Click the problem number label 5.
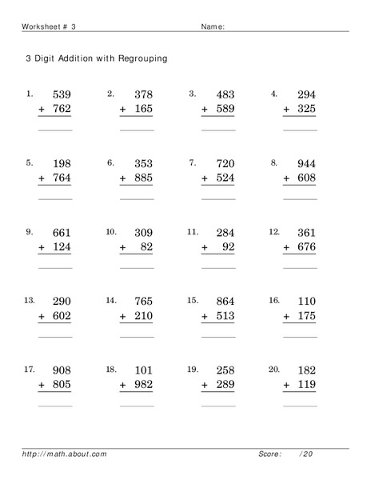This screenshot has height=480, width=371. point(29,162)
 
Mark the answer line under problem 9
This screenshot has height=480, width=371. point(55,268)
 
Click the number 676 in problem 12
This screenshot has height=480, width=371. point(305,247)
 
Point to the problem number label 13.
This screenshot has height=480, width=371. point(29,300)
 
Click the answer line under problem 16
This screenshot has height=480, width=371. point(301,337)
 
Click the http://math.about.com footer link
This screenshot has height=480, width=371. point(65,454)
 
